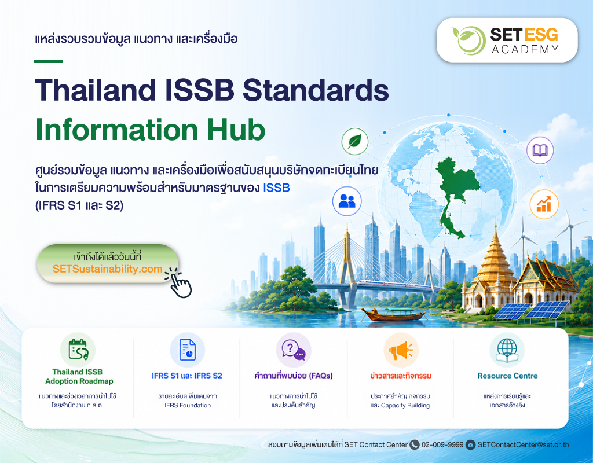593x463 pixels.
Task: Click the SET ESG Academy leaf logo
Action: [x=469, y=40]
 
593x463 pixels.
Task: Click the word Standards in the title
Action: [x=316, y=90]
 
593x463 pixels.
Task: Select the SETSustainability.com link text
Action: [x=107, y=269]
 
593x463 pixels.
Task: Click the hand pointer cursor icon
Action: [x=179, y=282]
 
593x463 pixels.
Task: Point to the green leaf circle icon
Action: [x=355, y=142]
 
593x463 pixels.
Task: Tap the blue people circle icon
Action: [x=347, y=201]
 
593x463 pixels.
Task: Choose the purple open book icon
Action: [x=540, y=150]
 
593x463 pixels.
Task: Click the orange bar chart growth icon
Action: [x=544, y=204]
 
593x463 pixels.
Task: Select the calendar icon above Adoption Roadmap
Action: [x=78, y=350]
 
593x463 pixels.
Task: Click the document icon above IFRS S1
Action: [x=187, y=350]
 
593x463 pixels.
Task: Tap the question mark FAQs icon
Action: [x=294, y=350]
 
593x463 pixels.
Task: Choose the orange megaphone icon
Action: [x=401, y=350]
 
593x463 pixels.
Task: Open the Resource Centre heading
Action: [x=507, y=376]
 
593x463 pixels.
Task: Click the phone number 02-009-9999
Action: [x=442, y=445]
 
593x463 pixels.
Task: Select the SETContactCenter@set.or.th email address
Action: [x=523, y=445]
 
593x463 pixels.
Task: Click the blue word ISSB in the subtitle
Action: [x=276, y=188]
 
